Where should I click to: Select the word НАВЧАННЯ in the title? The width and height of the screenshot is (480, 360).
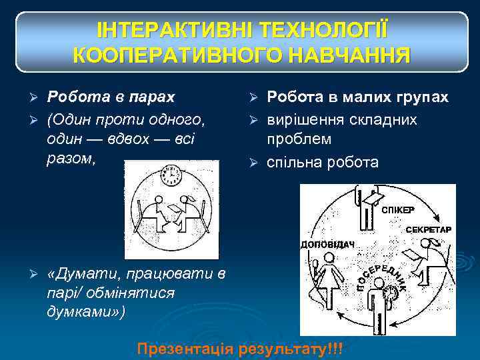pyautogui.click(x=353, y=55)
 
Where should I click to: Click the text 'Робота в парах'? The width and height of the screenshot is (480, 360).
pyautogui.click(x=111, y=97)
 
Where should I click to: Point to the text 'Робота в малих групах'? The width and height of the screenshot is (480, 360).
pyautogui.click(x=357, y=97)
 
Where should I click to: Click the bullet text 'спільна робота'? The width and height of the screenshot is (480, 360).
pyautogui.click(x=322, y=162)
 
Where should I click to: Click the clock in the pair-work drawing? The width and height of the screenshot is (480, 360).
pyautogui.click(x=171, y=175)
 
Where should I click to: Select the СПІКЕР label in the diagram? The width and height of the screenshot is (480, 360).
pyautogui.click(x=398, y=209)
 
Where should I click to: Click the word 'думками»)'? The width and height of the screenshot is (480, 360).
pyautogui.click(x=85, y=311)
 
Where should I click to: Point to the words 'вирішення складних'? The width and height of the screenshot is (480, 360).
pyautogui.click(x=341, y=119)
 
